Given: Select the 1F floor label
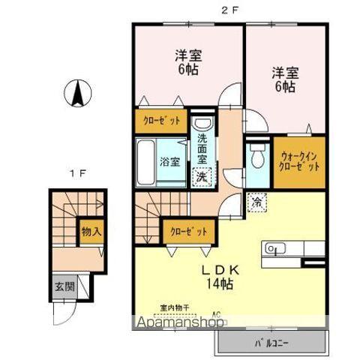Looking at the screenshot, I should click(76, 175).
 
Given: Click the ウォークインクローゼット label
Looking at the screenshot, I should click(298, 160).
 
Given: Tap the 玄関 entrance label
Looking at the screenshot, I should click(63, 286).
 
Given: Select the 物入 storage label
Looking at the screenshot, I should click(91, 232).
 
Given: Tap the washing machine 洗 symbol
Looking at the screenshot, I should click(201, 177).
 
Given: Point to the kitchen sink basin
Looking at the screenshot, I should click(271, 248).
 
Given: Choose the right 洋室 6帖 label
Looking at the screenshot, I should click(283, 79).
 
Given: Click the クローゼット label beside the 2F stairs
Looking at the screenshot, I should click(187, 230).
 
